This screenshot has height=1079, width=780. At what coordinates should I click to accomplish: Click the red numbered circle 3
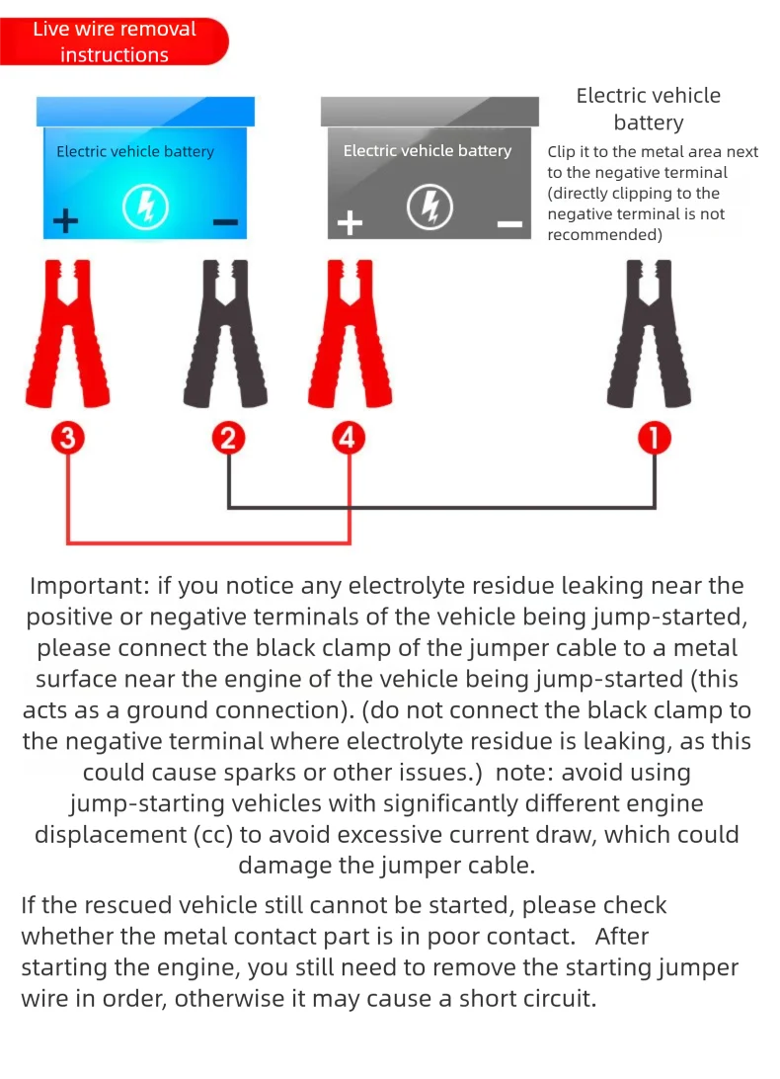coord(67,438)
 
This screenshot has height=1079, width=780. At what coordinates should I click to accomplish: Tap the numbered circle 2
coord(228,438)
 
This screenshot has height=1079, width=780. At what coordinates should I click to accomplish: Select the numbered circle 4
coord(347,438)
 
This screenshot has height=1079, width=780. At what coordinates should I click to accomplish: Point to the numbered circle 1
coord(654,438)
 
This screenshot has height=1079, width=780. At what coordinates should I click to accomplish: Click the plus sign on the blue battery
coord(65,220)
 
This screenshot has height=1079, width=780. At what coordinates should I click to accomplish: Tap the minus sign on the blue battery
coord(225,221)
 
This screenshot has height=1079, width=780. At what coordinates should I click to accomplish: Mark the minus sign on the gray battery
coord(509,224)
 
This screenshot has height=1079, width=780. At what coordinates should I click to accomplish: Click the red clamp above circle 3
coord(67,336)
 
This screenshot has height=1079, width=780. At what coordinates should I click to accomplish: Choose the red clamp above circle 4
coord(348,336)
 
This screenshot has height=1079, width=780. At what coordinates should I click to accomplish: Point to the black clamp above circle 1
coord(650,336)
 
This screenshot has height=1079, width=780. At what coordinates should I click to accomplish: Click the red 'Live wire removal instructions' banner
coord(114,42)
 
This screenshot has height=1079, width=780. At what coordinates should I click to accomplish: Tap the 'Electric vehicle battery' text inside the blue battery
coord(135,152)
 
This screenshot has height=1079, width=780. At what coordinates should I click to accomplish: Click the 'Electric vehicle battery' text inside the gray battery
coord(427,151)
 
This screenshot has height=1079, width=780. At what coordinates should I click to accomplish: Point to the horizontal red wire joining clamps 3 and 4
coord(207,542)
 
